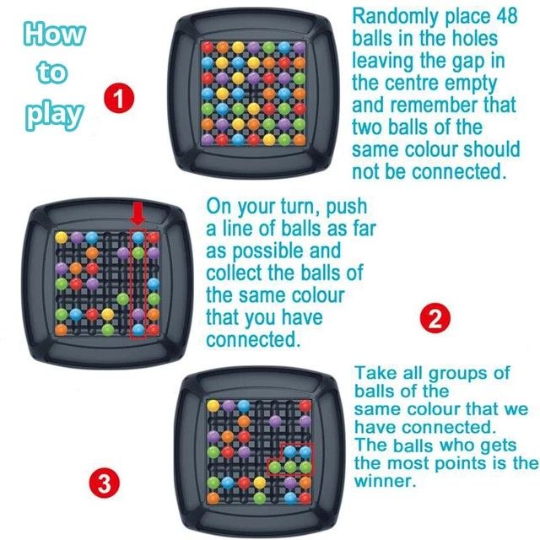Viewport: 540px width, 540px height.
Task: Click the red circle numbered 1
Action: [120, 100]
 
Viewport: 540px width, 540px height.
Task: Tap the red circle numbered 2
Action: [436, 319]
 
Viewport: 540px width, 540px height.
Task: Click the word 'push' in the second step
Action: [346, 207]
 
